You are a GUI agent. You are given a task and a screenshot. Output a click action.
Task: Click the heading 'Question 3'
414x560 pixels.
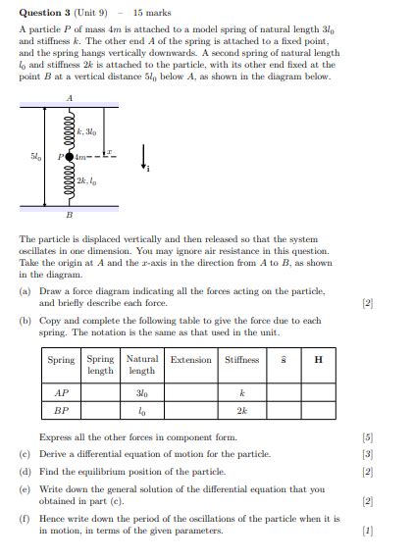[42, 13]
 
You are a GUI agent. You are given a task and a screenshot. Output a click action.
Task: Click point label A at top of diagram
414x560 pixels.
[69, 98]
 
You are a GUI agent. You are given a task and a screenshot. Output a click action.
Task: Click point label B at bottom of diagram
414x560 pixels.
[69, 214]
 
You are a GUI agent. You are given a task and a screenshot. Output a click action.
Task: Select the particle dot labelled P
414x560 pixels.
[69, 155]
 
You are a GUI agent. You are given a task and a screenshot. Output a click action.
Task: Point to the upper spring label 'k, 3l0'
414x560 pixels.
[86, 130]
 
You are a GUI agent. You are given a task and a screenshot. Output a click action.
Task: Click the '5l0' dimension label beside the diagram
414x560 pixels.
[35, 155]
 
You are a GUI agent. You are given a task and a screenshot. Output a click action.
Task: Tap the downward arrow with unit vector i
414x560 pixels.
[143, 157]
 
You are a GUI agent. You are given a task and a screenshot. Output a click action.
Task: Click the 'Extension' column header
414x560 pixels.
[190, 360]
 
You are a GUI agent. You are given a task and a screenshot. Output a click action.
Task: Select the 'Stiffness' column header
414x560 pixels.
[241, 360]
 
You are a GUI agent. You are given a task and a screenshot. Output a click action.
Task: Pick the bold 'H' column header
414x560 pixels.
[318, 360]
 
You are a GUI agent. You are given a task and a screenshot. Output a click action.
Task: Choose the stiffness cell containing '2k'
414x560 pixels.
[241, 411]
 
